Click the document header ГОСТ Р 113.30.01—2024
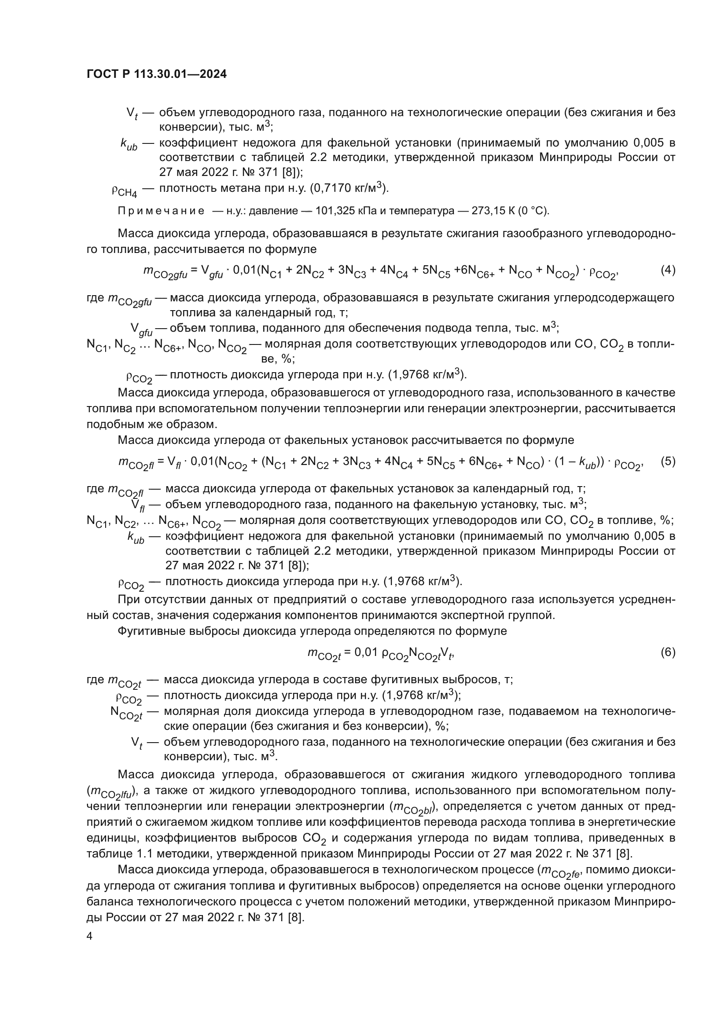click(156, 74)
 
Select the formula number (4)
click(668, 270)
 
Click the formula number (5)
click(668, 461)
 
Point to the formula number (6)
click(668, 652)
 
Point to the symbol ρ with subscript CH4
click(124, 191)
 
